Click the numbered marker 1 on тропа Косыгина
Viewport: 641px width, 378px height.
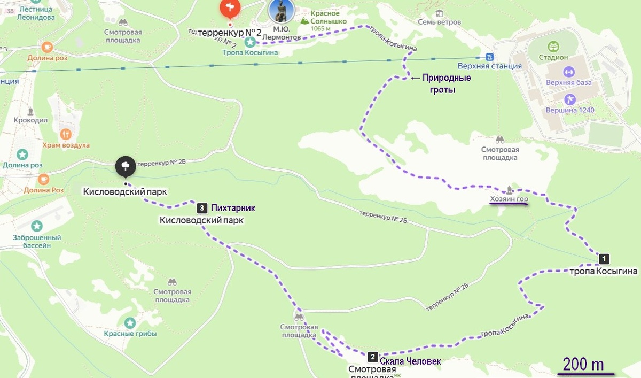pyautogui.click(x=604, y=259)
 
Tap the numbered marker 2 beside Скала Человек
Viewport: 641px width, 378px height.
pyautogui.click(x=373, y=356)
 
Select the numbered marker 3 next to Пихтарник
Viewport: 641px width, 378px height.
pyautogui.click(x=202, y=207)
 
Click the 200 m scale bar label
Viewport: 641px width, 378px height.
pyautogui.click(x=583, y=365)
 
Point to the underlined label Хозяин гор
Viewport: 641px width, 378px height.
pyautogui.click(x=509, y=200)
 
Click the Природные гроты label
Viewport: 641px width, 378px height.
pyautogui.click(x=447, y=84)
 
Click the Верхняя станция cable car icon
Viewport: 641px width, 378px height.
pyautogui.click(x=489, y=57)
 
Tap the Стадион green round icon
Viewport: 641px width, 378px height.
pyautogui.click(x=553, y=47)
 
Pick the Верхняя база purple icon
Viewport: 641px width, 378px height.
pyautogui.click(x=568, y=72)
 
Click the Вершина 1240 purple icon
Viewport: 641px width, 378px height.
pyautogui.click(x=569, y=99)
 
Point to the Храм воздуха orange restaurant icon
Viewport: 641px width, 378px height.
pyautogui.click(x=66, y=134)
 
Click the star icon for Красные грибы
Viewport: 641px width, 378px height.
pyautogui.click(x=130, y=323)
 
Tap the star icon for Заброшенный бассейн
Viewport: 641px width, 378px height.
pyautogui.click(x=36, y=226)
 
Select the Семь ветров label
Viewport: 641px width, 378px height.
pyautogui.click(x=440, y=22)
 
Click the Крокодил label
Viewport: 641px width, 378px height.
pyautogui.click(x=30, y=121)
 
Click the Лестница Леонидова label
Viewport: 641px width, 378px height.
pyautogui.click(x=37, y=13)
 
